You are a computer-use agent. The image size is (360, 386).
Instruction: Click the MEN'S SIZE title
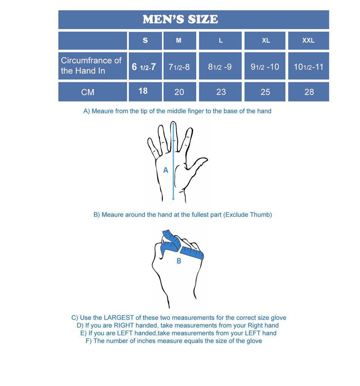(180, 19)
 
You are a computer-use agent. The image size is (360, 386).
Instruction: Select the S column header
(145, 40)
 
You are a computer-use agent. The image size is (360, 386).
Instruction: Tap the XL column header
(266, 40)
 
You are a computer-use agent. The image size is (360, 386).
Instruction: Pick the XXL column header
(308, 40)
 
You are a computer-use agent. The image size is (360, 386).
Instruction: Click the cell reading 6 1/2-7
(143, 67)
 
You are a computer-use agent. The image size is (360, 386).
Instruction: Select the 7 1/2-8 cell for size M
(179, 67)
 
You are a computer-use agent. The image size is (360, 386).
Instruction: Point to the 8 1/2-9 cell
(220, 67)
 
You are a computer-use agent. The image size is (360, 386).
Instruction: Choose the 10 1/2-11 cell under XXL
(308, 67)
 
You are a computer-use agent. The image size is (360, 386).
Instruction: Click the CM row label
(88, 92)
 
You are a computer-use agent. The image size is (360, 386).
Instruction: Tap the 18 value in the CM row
(143, 91)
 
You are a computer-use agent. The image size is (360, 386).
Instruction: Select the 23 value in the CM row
(221, 92)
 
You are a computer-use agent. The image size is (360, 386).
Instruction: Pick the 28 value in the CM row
(309, 92)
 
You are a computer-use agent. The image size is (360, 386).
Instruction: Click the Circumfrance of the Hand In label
(91, 66)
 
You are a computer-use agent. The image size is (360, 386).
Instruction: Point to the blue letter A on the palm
(166, 170)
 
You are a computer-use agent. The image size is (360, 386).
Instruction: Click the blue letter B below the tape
(179, 261)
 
